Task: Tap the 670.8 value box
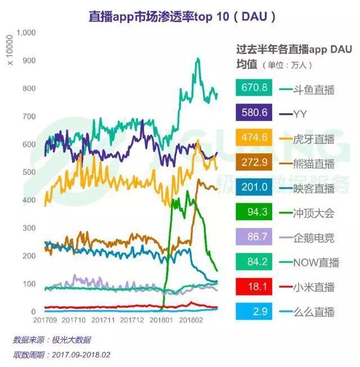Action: click(x=254, y=89)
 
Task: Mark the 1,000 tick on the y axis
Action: click(x=26, y=33)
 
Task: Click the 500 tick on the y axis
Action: click(x=29, y=172)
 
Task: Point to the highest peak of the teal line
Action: click(x=197, y=58)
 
